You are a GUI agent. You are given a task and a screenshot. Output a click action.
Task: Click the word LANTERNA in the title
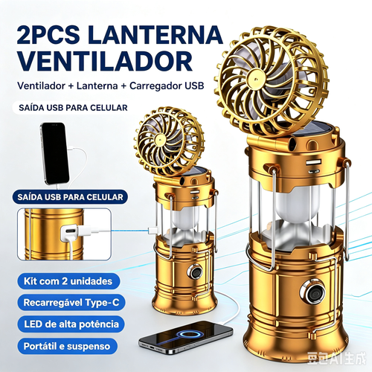tap(155, 35)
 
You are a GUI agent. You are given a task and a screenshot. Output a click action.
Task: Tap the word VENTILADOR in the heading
tap(105, 61)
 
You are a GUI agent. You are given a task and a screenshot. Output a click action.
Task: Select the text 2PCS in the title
tap(48, 35)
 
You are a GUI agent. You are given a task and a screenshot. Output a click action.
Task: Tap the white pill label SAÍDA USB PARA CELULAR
tap(73, 108)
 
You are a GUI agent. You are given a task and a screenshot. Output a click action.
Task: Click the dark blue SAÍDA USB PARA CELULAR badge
tap(70, 197)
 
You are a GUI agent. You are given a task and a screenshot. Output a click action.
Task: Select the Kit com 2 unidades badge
tap(68, 281)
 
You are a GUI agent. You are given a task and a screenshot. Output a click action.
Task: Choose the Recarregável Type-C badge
tap(71, 303)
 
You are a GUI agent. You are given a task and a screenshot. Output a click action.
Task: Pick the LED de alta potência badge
tap(71, 324)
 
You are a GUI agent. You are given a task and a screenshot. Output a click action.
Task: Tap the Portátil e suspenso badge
tap(67, 346)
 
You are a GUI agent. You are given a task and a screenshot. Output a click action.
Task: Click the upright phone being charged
tap(54, 153)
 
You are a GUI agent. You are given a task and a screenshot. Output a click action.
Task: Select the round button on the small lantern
tap(195, 272)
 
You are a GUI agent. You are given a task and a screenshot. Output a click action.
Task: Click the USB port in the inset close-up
tap(70, 231)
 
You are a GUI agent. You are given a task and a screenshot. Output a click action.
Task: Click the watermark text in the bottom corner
tap(337, 359)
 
